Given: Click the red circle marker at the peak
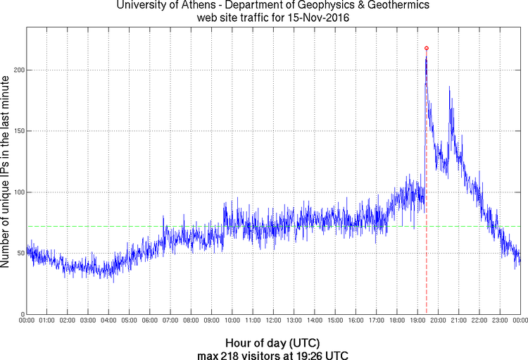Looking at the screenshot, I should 427,48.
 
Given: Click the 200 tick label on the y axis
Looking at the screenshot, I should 18,70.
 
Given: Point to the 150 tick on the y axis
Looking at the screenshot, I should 18,131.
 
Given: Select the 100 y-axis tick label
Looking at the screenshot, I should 18,192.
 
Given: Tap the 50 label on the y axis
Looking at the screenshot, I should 20,254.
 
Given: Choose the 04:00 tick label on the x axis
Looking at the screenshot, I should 109,321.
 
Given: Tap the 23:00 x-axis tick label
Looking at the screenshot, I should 500,321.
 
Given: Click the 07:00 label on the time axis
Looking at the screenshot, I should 171,321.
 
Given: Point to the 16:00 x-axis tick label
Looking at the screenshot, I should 356,321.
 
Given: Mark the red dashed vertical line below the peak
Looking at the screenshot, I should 427,211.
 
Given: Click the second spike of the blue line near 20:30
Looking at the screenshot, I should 449,88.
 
